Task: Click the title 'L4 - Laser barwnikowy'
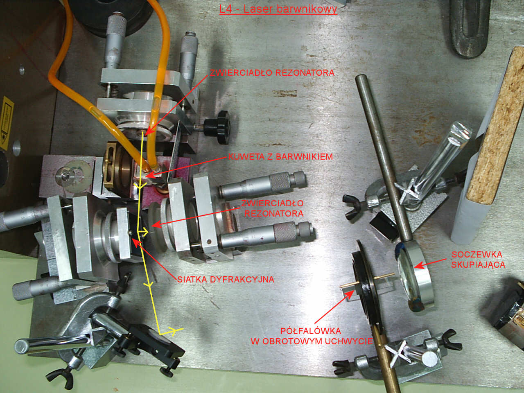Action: [x=278, y=9]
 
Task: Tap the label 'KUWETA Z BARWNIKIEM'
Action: [x=280, y=157]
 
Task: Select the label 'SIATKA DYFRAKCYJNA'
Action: [x=226, y=280]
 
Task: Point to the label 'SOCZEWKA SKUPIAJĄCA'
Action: [x=478, y=260]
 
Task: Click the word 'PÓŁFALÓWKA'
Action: [x=311, y=331]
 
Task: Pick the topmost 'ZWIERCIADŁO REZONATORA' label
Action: [x=272, y=72]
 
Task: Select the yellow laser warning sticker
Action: [x=7, y=123]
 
